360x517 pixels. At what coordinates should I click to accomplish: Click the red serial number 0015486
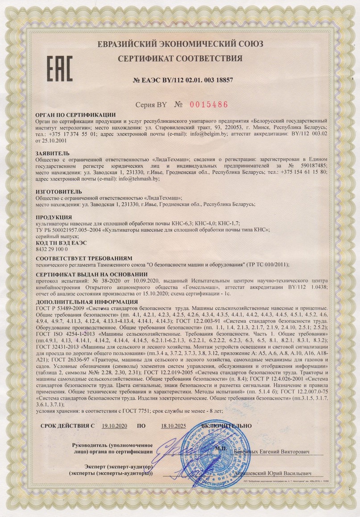coord(209,104)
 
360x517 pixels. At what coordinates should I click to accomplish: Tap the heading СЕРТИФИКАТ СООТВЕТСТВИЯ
coord(180,58)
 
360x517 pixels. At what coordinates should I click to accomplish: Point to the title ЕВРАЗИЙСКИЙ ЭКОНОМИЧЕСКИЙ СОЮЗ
coord(180,43)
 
